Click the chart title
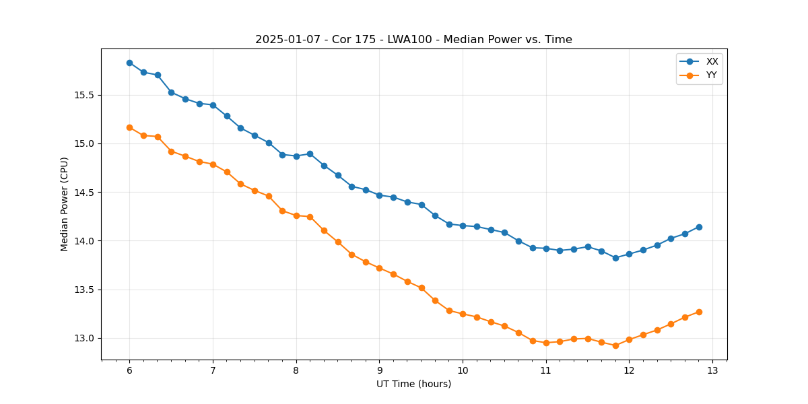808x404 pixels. [x=413, y=40]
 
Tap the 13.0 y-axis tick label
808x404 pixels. [x=86, y=338]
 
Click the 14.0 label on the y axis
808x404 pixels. [x=86, y=241]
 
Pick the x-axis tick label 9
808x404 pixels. [x=379, y=370]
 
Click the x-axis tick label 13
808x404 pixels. [x=712, y=370]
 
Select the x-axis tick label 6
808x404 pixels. [x=129, y=370]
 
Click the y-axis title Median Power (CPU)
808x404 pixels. [x=65, y=204]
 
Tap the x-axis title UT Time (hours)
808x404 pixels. [x=413, y=384]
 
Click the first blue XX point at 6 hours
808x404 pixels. [x=129, y=63]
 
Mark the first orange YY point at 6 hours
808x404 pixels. [x=129, y=127]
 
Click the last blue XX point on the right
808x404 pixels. [x=699, y=227]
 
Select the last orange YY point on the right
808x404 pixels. [x=699, y=312]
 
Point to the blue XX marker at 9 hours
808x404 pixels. [x=379, y=195]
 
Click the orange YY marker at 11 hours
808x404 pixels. [x=546, y=343]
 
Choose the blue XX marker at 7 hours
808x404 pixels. [x=213, y=105]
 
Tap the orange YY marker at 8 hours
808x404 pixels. [x=296, y=215]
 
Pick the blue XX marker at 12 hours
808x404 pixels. [x=629, y=254]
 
